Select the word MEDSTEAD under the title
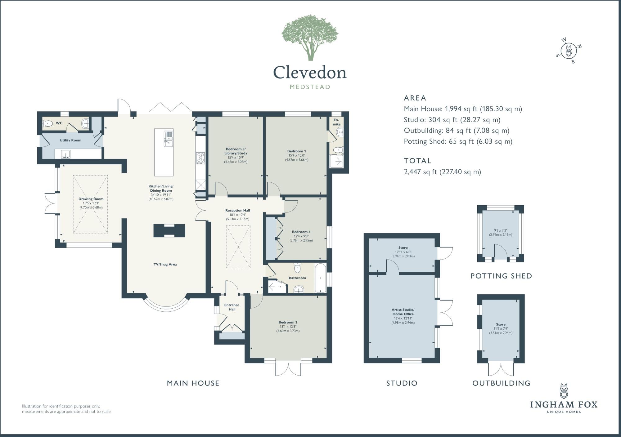pos(310,87)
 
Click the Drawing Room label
pos(91,199)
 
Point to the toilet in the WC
pos(47,123)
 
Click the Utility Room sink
pos(65,154)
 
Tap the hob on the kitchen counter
pos(200,158)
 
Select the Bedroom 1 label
pos(296,151)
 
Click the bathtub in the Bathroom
pos(320,278)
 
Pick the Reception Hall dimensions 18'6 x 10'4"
pos(238,215)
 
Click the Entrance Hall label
pos(232,307)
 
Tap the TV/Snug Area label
pos(165,265)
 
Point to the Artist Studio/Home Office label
pos(403,312)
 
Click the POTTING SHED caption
pos(501,276)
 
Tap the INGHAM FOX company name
pos(564,404)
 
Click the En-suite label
pos(336,122)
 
